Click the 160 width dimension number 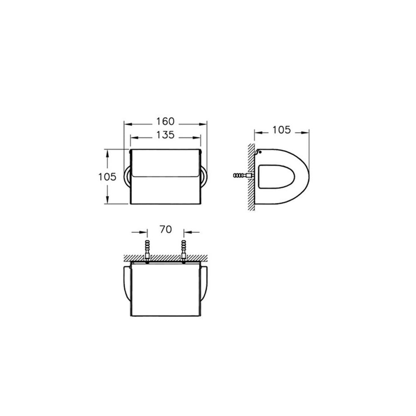pos(165,121)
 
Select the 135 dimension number pos(165,135)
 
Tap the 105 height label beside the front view pos(107,177)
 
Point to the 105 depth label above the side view pos(282,130)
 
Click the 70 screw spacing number pos(166,229)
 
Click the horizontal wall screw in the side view pos(243,176)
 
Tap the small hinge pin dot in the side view pos(260,152)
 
